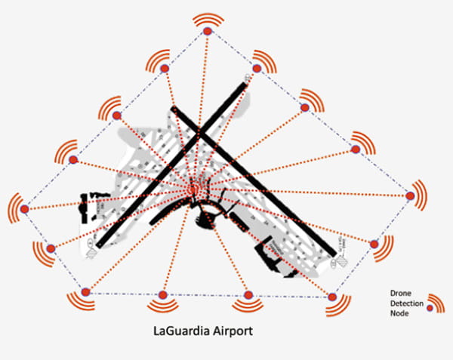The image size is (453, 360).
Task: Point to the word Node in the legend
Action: (x=397, y=313)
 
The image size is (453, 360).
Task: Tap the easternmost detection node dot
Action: (x=410, y=196)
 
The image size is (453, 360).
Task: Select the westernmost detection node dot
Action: (x=24, y=209)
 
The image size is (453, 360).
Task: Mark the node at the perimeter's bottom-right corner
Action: (x=331, y=295)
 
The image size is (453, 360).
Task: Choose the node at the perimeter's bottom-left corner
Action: (x=85, y=291)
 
